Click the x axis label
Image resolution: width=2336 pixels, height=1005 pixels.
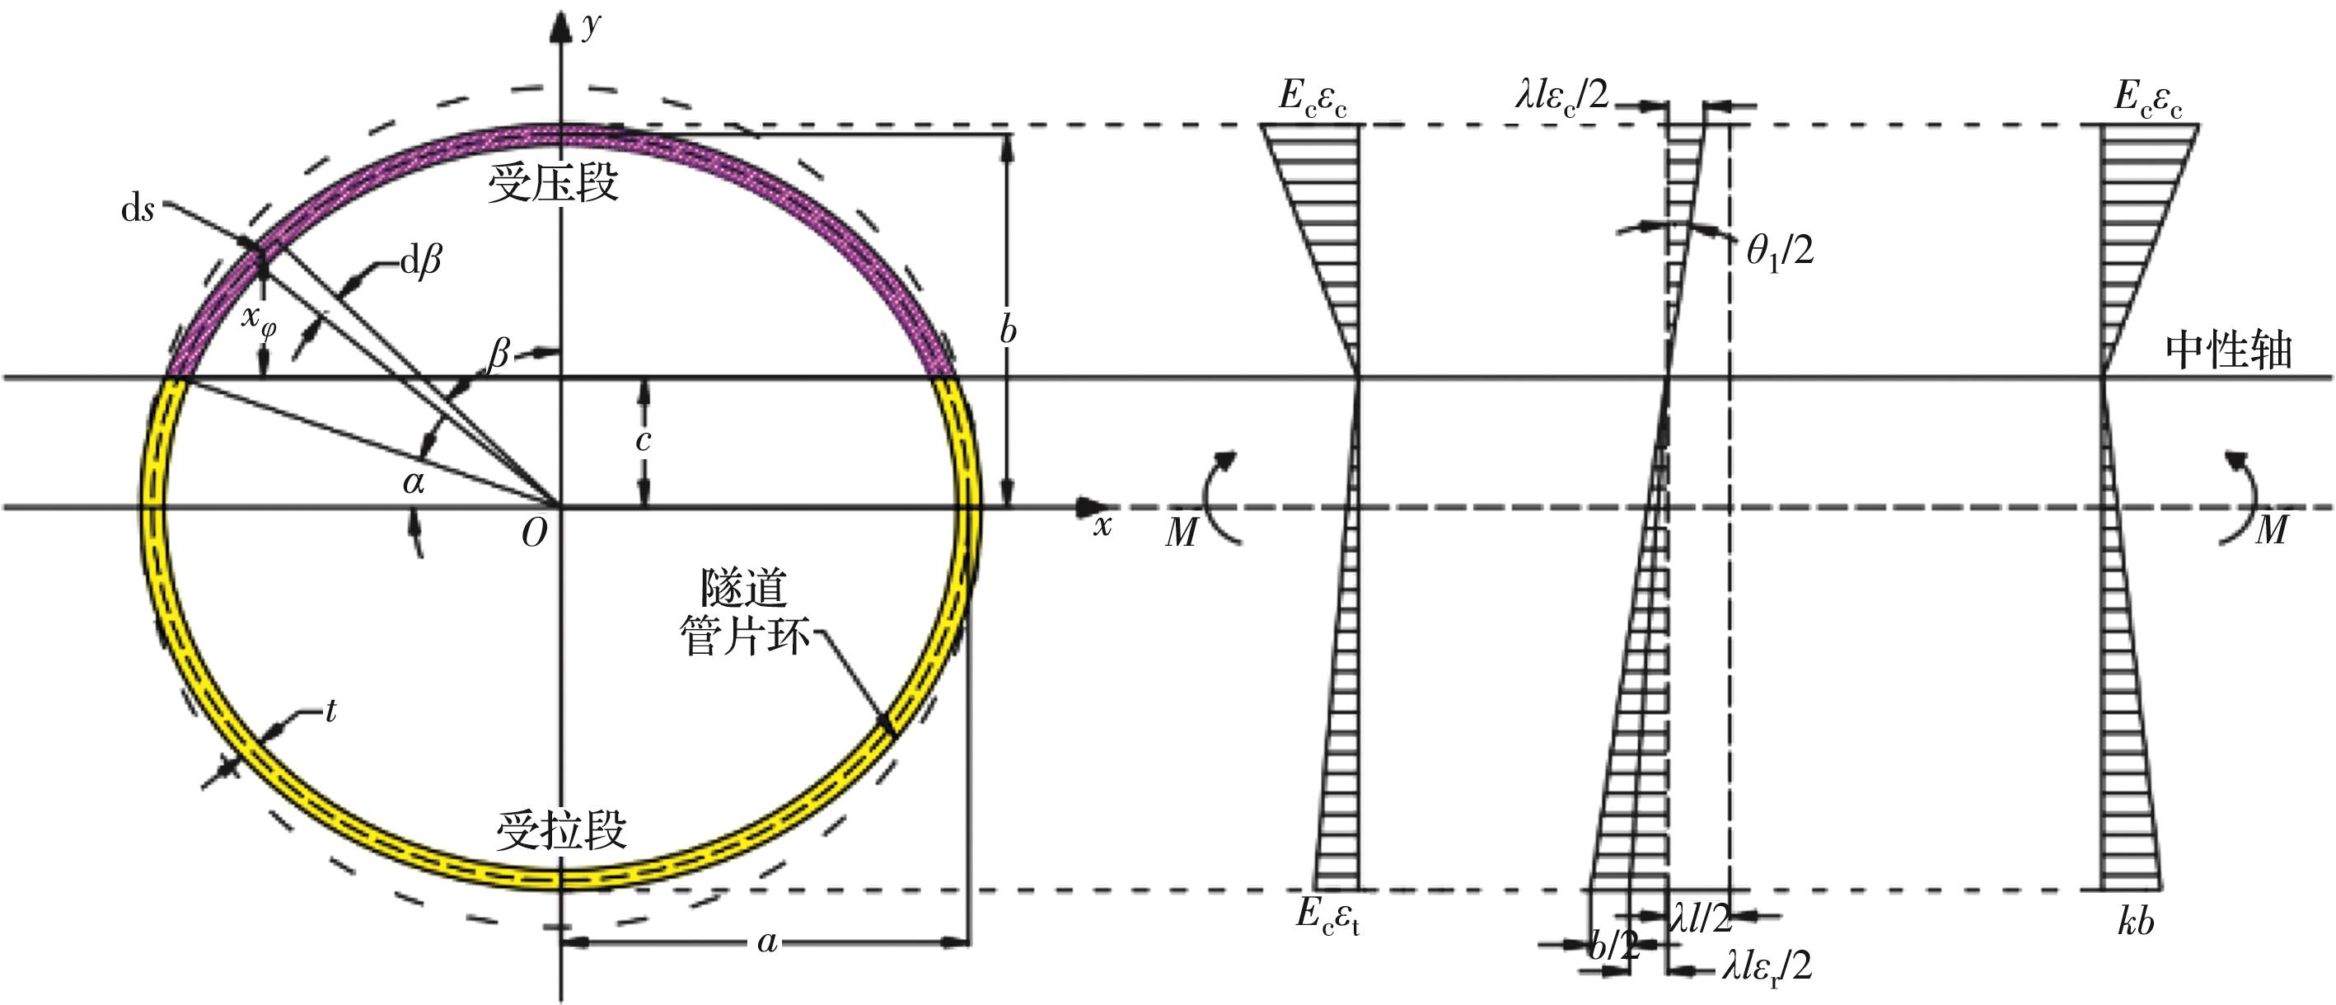[x=1102, y=524]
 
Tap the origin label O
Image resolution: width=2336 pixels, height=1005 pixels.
[x=534, y=533]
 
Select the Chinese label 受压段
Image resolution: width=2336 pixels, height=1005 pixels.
[x=553, y=183]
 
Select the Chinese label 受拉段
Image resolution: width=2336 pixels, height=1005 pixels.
[x=561, y=829]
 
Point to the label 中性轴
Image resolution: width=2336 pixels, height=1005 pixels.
[x=2229, y=350]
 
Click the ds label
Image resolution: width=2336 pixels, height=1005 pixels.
[x=138, y=209]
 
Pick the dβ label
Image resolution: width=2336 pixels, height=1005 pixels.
[x=421, y=263]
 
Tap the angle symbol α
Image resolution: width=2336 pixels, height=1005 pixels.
[x=414, y=481]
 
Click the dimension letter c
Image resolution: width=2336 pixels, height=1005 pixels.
[x=643, y=441]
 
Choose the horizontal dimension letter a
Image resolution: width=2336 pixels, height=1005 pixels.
[x=767, y=942]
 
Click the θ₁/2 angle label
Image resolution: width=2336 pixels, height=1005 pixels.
[x=1780, y=251]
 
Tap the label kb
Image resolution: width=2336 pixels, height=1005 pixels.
[x=2136, y=922]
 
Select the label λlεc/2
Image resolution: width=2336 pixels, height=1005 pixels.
[x=1561, y=94]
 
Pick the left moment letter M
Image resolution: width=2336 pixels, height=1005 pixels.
[x=1182, y=533]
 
